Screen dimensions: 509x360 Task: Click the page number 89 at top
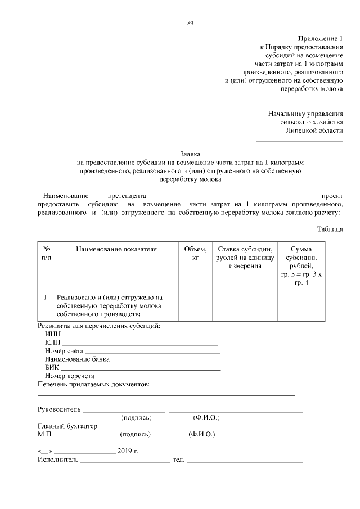pyautogui.click(x=190, y=23)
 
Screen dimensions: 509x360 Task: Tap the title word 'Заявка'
pyautogui.click(x=190, y=154)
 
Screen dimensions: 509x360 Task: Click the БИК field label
pyautogui.click(x=52, y=367)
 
